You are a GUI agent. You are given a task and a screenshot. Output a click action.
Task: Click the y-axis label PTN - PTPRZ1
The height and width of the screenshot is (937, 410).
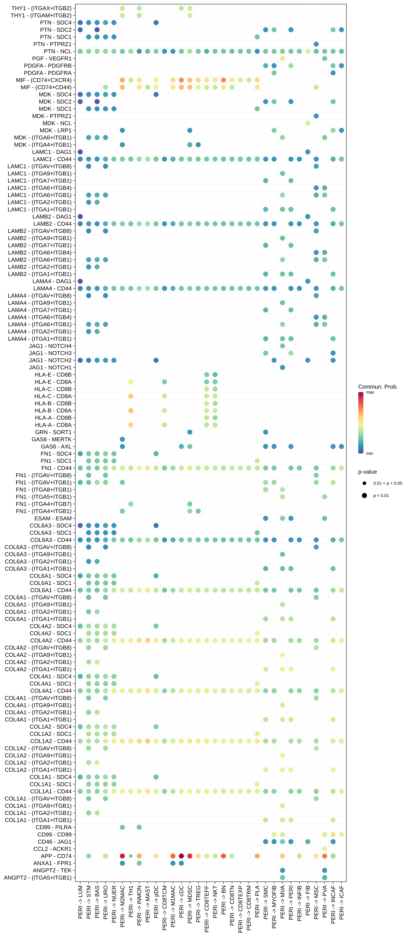point(52,44)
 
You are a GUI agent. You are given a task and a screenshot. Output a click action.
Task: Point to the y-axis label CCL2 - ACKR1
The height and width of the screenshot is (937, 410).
point(52,849)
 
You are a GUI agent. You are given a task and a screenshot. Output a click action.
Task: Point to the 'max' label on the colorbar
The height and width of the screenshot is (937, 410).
point(370,392)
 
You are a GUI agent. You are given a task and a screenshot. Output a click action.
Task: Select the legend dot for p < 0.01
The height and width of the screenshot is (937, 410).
point(364,495)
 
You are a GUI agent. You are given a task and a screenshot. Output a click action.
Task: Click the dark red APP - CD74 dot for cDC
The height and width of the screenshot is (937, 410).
point(181,856)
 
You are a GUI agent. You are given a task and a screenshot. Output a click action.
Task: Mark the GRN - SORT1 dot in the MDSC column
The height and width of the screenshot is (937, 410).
point(190,432)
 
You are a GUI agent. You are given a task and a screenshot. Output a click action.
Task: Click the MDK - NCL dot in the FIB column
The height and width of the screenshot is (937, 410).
point(308,123)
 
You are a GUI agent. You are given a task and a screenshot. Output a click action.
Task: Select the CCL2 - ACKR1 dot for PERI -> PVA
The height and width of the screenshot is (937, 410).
point(324,849)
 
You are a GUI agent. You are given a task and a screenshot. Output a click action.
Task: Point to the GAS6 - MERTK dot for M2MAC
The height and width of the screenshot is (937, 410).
point(122,439)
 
